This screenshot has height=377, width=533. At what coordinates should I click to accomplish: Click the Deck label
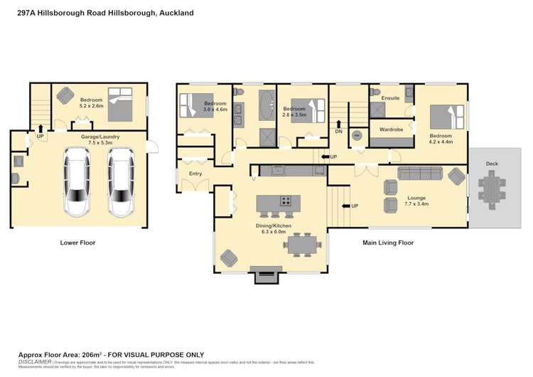pos(492,164)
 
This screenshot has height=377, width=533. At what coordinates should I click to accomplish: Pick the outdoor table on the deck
pos(492,188)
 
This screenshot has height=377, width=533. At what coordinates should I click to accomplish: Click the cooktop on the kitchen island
pos(286,201)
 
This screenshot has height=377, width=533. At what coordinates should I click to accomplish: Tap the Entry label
pos(195,174)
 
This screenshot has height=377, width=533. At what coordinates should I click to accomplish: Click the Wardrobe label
pos(392,129)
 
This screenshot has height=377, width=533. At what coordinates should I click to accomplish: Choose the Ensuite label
pos(390,97)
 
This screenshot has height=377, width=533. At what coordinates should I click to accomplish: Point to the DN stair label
pos(339,131)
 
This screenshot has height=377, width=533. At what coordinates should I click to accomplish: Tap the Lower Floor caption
pos(78,243)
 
